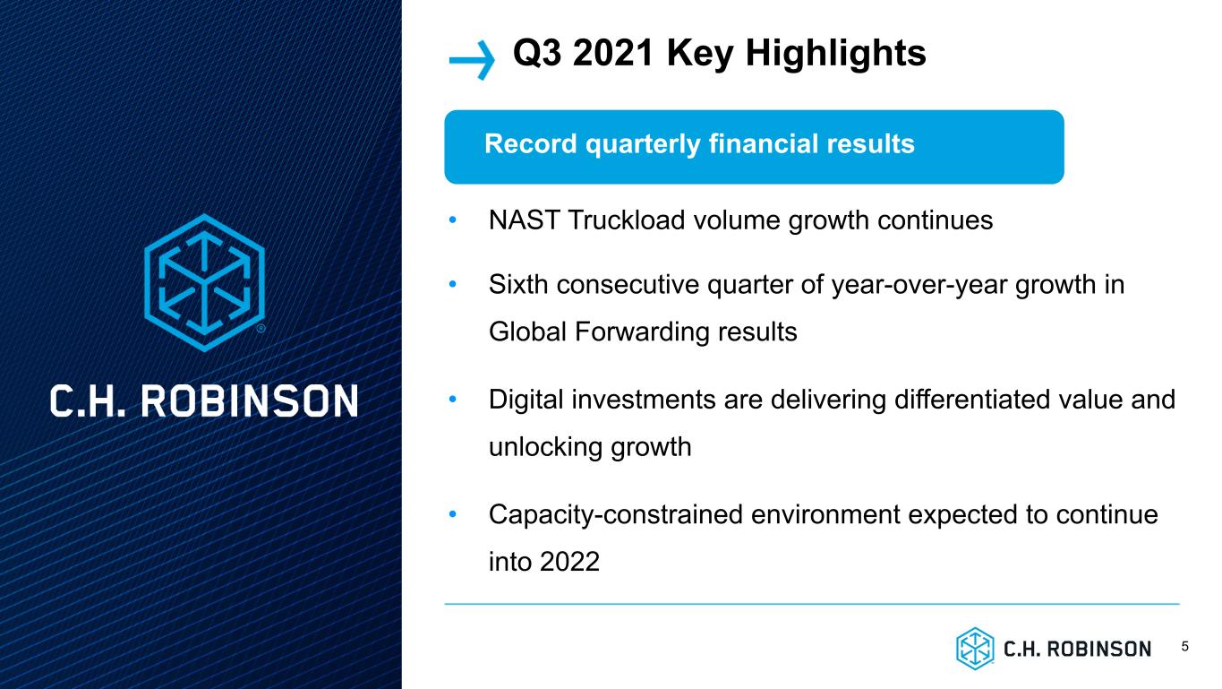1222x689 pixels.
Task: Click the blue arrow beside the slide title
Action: click(x=472, y=60)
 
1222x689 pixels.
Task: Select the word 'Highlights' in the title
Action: click(x=836, y=54)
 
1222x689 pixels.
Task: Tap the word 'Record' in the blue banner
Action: click(x=530, y=143)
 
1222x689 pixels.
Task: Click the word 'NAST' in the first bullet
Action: click(x=524, y=220)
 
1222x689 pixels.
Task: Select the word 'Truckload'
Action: click(x=627, y=220)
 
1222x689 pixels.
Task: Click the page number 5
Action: click(x=1185, y=647)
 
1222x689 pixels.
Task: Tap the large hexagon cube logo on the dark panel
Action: click(x=205, y=283)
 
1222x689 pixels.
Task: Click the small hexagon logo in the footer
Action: click(x=975, y=649)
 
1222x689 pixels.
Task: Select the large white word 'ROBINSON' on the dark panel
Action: click(x=249, y=401)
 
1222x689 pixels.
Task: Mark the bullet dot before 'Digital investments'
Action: click(x=452, y=400)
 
